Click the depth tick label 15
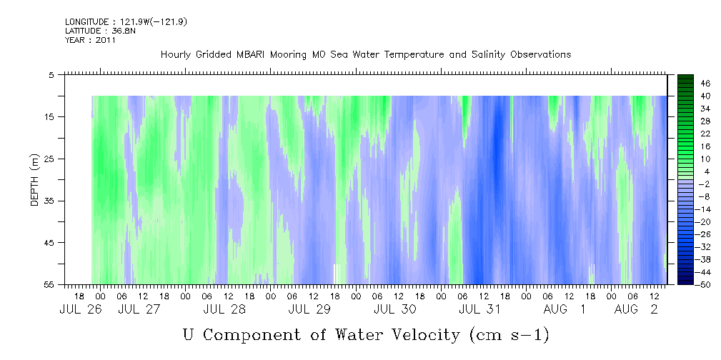(49, 116)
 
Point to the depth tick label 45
(49, 243)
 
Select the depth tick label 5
(51, 75)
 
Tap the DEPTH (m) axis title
(35, 180)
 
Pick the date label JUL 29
(309, 309)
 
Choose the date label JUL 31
(480, 309)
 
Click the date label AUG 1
(565, 309)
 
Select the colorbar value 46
(706, 84)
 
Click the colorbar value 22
(706, 134)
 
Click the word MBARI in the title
(252, 55)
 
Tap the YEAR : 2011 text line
(91, 40)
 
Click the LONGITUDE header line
(126, 21)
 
